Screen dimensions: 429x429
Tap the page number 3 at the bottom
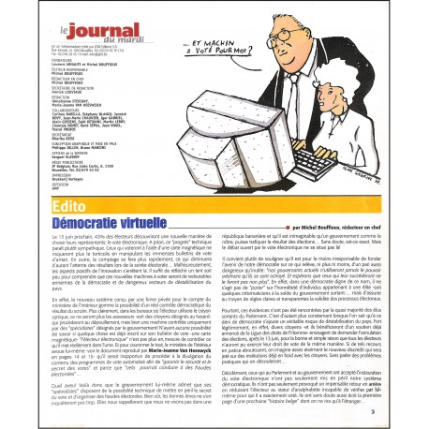pyautogui.click(x=396, y=409)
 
